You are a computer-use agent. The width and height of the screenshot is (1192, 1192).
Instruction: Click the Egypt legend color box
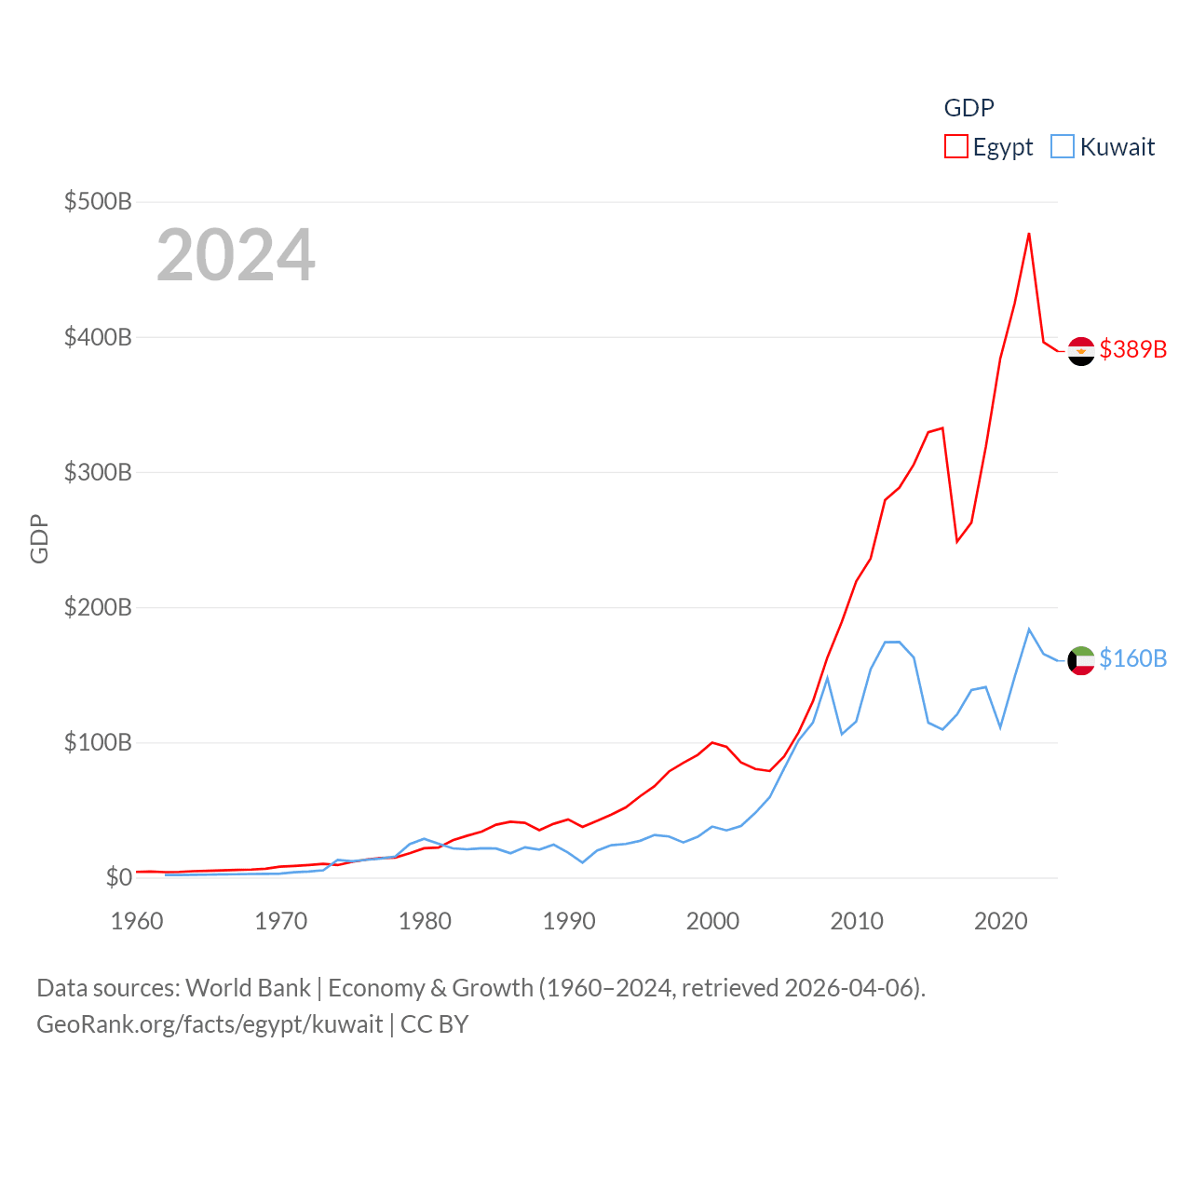pyautogui.click(x=956, y=147)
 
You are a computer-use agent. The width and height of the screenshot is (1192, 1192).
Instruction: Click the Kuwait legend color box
pyautogui.click(x=1063, y=147)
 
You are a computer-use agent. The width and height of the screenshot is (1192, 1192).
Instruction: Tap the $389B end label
pyautogui.click(x=1132, y=349)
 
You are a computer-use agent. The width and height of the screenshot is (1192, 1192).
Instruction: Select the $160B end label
pyautogui.click(x=1132, y=658)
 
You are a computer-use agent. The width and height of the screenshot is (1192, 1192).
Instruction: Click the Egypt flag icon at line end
pyautogui.click(x=1081, y=351)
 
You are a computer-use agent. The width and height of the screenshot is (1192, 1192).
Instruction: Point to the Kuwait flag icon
pyautogui.click(x=1081, y=660)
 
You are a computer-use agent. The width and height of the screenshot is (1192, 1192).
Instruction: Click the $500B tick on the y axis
pyautogui.click(x=98, y=201)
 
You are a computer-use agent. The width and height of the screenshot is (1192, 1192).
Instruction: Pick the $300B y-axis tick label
pyautogui.click(x=98, y=472)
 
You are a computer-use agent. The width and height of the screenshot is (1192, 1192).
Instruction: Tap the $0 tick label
pyautogui.click(x=118, y=877)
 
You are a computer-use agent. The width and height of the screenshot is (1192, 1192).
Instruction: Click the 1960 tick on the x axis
pyautogui.click(x=137, y=921)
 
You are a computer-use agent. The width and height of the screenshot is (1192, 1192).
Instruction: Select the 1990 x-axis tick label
pyautogui.click(x=569, y=921)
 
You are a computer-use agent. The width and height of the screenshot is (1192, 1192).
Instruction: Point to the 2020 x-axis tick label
pyautogui.click(x=1001, y=921)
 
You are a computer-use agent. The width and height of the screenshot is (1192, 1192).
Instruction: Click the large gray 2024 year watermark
pyautogui.click(x=236, y=255)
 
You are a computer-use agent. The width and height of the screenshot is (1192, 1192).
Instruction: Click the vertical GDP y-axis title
pyautogui.click(x=39, y=538)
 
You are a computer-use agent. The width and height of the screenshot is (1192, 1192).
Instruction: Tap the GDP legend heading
pyautogui.click(x=968, y=108)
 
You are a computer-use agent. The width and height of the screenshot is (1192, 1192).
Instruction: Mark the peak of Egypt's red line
pyautogui.click(x=1029, y=234)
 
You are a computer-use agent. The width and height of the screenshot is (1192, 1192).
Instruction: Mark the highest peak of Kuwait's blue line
pyautogui.click(x=1029, y=630)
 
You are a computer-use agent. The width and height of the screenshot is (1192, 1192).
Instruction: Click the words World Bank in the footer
pyautogui.click(x=249, y=988)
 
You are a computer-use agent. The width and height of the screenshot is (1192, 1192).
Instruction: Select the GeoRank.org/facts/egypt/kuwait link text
pyautogui.click(x=210, y=1024)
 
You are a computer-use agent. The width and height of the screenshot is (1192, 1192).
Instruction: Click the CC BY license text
pyautogui.click(x=434, y=1024)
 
